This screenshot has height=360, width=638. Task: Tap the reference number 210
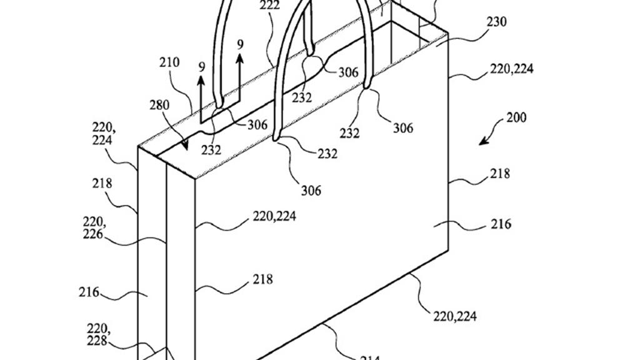[x=169, y=62]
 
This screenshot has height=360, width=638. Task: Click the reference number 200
[x=516, y=117]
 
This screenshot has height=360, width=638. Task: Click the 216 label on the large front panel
[x=500, y=223]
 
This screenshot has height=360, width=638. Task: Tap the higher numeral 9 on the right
[x=241, y=44]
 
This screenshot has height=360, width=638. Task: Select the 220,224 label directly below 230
[x=511, y=69]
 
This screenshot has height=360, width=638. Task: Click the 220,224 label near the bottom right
[x=455, y=316]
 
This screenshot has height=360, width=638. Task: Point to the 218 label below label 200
[x=500, y=174]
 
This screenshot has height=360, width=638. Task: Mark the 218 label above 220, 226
[x=102, y=184]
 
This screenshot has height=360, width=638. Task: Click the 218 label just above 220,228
[x=262, y=279]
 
